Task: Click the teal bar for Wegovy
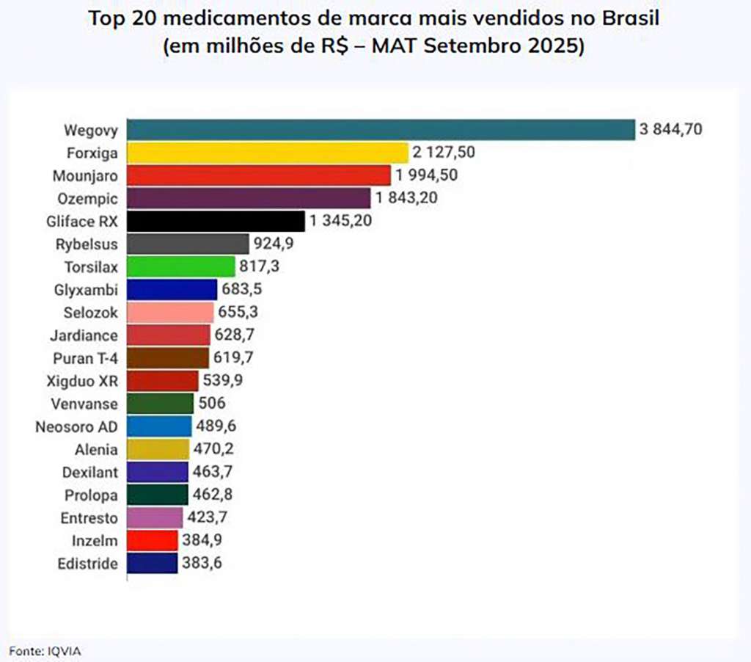tap(380, 130)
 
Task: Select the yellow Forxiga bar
tap(267, 153)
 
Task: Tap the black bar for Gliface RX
tap(216, 221)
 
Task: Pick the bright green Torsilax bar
tap(181, 266)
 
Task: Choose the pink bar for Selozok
tap(170, 312)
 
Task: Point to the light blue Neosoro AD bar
tap(159, 426)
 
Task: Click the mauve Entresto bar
tap(155, 518)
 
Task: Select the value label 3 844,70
tap(671, 130)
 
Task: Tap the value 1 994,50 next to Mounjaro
tap(427, 175)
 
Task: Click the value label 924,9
tap(274, 244)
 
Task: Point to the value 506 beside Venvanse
tap(212, 404)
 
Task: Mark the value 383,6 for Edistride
tap(202, 564)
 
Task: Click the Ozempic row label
tap(88, 198)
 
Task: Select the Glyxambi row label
tap(87, 289)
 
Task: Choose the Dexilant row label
tap(89, 472)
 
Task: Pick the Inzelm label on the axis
tap(95, 541)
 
